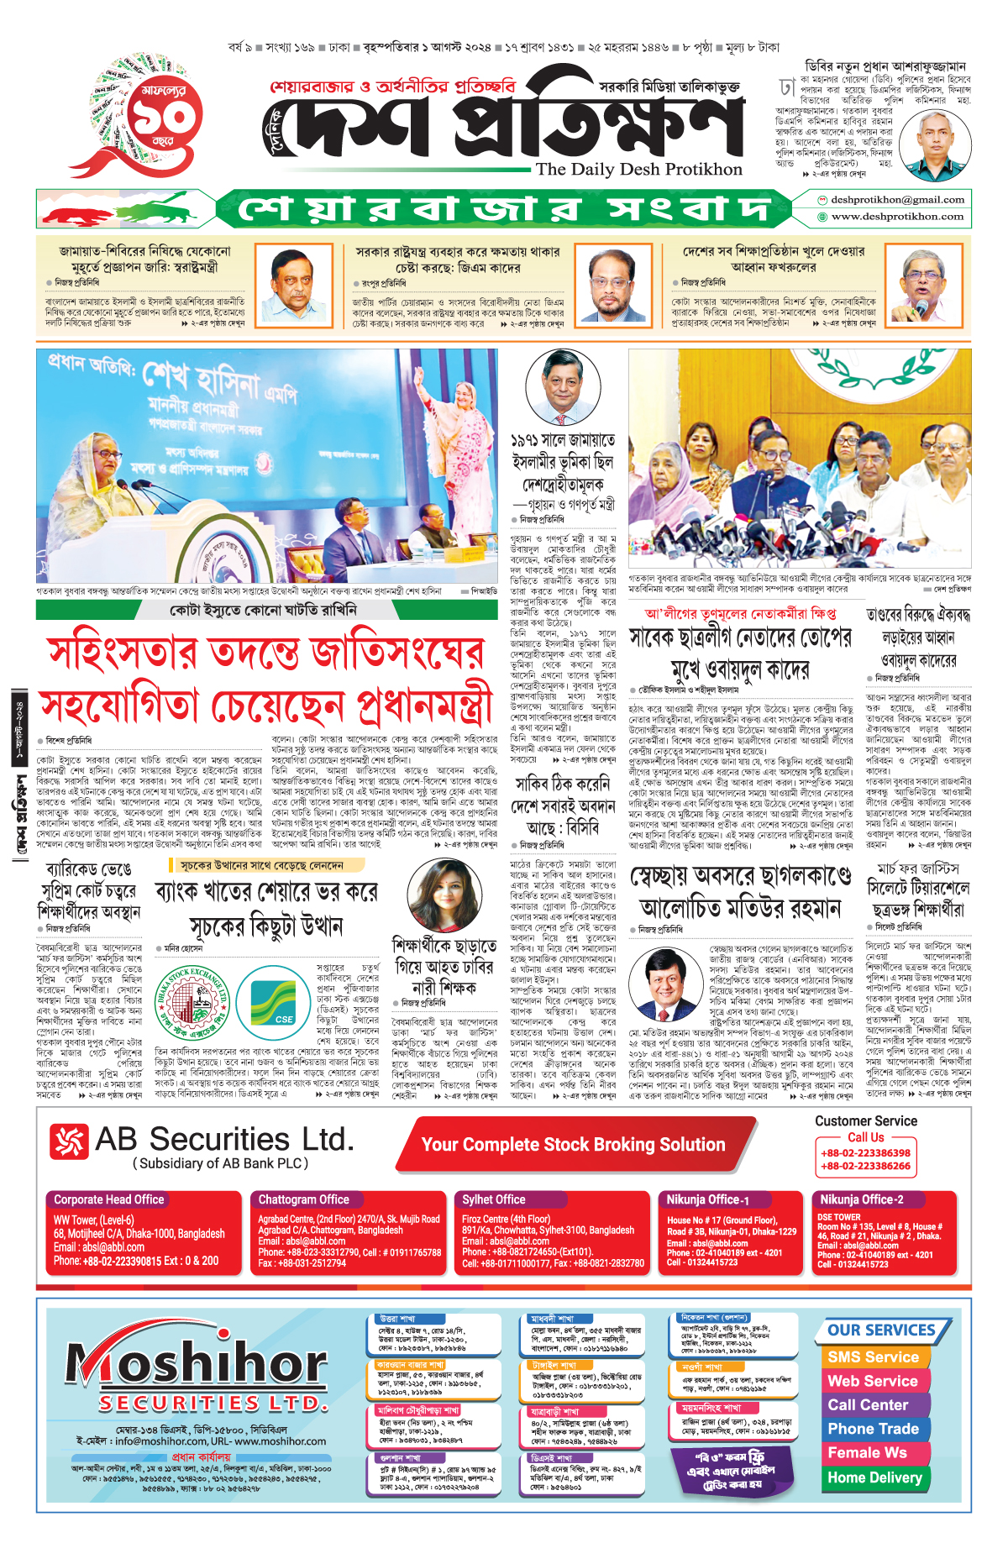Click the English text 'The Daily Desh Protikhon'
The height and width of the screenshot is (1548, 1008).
pos(639,169)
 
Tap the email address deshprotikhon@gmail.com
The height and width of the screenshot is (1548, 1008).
pos(897,200)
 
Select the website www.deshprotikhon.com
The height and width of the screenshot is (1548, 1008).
pos(897,217)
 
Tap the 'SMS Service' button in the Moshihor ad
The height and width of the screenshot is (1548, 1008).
pos(873,1357)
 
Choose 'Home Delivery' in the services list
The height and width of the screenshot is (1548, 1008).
pos(874,1477)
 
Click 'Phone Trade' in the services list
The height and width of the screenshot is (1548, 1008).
pos(873,1430)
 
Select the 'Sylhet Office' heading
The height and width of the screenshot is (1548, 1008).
pos(494,1199)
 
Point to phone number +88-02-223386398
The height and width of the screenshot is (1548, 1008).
pos(865,1153)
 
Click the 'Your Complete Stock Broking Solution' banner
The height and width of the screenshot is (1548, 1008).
pos(573,1145)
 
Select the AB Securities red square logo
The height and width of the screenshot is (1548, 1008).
pos(69,1141)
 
